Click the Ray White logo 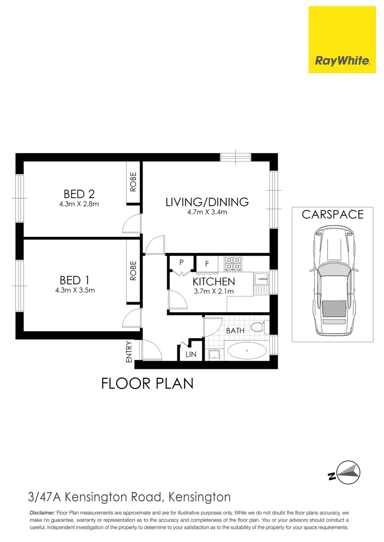[342, 40]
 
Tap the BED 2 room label [79, 194]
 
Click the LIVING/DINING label [207, 202]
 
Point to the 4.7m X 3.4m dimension [207, 212]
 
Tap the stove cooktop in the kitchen [233, 263]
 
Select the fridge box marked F [207, 263]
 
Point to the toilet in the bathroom [258, 328]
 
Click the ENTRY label [129, 352]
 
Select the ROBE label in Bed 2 [133, 183]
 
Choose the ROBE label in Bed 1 [133, 271]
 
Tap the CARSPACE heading [332, 215]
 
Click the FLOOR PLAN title [147, 384]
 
